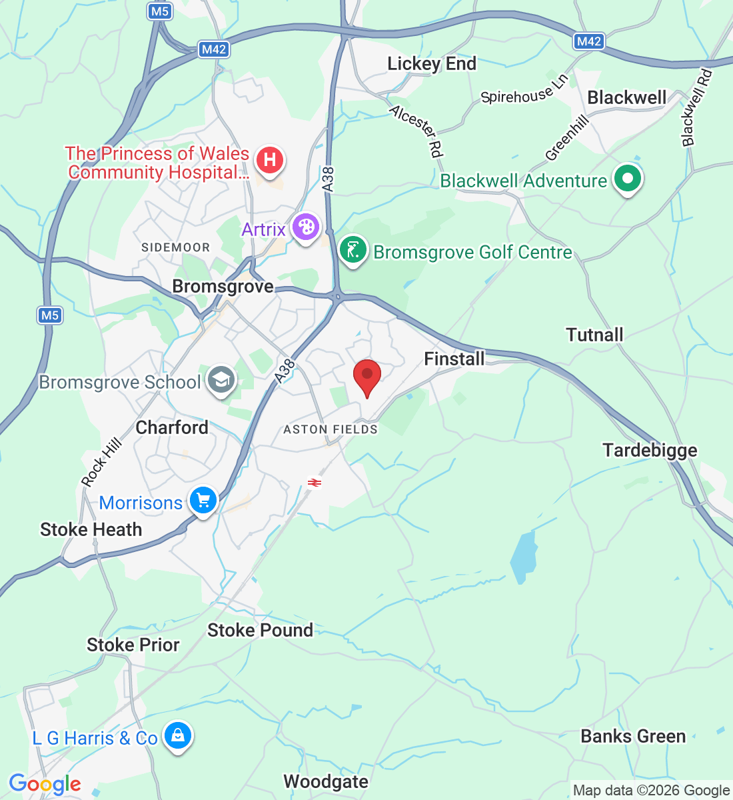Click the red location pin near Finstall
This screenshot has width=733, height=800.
[x=366, y=377]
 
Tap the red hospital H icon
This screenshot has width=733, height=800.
[x=270, y=161]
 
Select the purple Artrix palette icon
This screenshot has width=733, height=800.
[x=306, y=227]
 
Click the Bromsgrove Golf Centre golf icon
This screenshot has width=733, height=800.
[x=353, y=250]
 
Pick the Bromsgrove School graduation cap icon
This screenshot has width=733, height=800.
[x=221, y=380]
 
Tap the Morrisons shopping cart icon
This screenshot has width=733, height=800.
[x=203, y=500]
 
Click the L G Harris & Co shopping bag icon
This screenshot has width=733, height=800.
[x=177, y=736]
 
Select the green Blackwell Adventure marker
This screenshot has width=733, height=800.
[x=628, y=178]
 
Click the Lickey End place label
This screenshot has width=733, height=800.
[x=432, y=64]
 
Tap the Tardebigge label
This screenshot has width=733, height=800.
[x=650, y=451]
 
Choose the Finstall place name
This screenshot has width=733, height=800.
[x=454, y=359]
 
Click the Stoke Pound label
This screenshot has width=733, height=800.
[x=260, y=631]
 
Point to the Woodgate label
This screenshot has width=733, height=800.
[x=326, y=781]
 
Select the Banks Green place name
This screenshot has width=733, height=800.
[x=633, y=737]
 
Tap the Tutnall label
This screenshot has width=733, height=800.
[x=594, y=335]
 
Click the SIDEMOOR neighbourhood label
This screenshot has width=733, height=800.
[x=175, y=247]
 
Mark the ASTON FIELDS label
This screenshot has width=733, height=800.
[x=331, y=429]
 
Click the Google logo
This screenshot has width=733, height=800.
[x=45, y=785]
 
